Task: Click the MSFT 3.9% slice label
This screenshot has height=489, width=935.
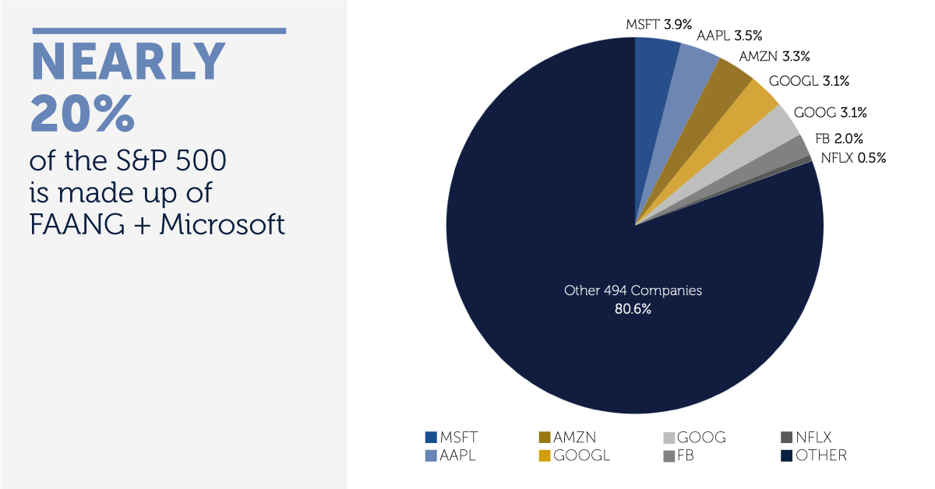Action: point(658,24)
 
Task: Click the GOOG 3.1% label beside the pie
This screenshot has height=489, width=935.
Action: point(830,113)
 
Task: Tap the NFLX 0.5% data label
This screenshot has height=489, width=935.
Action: point(852,158)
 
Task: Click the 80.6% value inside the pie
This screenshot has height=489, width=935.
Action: point(633,309)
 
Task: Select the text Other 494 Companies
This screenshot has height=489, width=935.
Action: point(633,290)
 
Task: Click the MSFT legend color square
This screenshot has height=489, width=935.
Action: point(431,438)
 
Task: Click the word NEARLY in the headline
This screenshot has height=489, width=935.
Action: point(128,62)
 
